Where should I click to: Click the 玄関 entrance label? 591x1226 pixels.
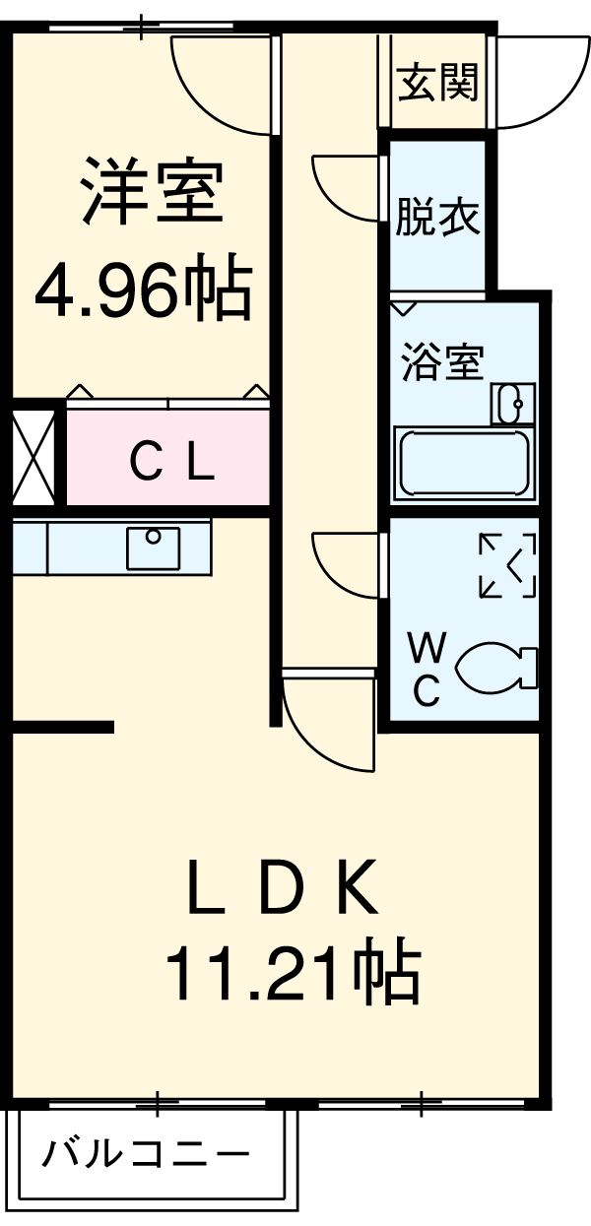[438, 82]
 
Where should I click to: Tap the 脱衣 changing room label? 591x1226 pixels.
[438, 218]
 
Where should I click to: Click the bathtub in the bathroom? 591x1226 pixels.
[462, 463]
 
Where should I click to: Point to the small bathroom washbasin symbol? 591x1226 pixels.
[511, 404]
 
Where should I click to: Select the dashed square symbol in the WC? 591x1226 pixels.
[508, 565]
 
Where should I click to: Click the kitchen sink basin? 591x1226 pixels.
[153, 548]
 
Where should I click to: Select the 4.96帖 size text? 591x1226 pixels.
[142, 288]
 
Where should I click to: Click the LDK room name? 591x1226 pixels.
[283, 886]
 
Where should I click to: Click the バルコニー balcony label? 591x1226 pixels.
[145, 1151]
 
